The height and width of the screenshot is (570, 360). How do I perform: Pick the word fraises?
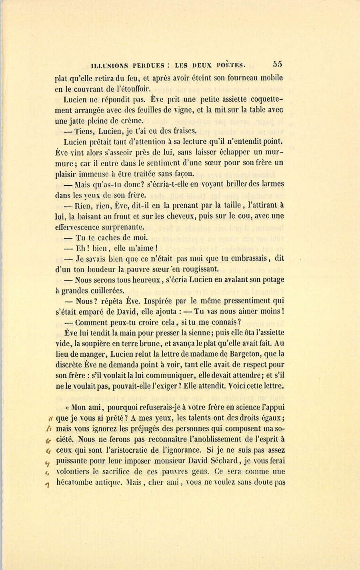pos(183,131)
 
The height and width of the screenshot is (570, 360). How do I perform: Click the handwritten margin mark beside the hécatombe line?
pos(47,485)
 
